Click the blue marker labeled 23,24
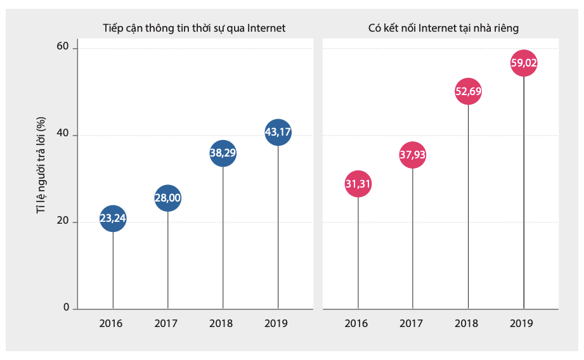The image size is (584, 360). [113, 219]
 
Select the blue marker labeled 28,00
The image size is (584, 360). [168, 198]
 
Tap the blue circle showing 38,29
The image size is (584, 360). [223, 153]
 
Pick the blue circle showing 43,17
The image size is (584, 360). [278, 132]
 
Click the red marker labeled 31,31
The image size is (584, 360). [358, 184]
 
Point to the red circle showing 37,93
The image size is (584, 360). [413, 155]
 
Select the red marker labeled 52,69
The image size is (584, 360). [468, 91]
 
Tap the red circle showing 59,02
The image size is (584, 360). [524, 63]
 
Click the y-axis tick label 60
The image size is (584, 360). [62, 48]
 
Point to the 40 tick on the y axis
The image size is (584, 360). [62, 135]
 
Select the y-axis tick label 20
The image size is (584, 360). [62, 222]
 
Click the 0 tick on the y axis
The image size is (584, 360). [65, 308]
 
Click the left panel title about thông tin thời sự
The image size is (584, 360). [194, 28]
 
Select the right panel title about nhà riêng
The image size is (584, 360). [444, 28]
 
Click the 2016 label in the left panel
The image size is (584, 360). [111, 323]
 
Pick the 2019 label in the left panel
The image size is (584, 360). [276, 323]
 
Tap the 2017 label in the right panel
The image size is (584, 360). [412, 323]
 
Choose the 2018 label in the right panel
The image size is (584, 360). [467, 323]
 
